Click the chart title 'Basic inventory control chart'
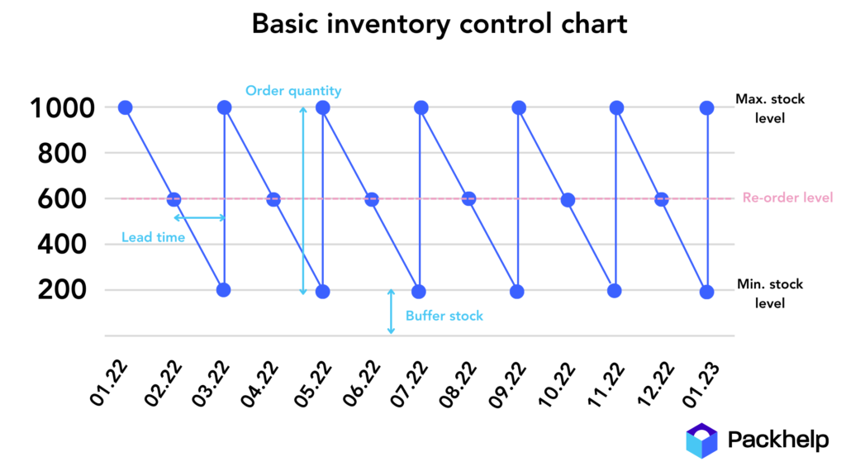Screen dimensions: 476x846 click(x=440, y=24)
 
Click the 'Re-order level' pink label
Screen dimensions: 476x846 click(x=787, y=198)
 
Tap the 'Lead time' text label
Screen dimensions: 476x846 click(x=153, y=238)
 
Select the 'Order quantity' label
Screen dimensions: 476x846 click(x=293, y=91)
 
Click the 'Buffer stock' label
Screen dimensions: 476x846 click(x=444, y=316)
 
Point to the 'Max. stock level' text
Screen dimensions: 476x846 click(x=770, y=108)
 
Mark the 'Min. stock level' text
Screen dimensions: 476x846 click(x=770, y=293)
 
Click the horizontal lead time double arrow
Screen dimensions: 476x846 click(x=199, y=218)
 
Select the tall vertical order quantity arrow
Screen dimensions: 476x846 click(x=303, y=200)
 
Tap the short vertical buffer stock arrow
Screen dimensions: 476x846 click(x=391, y=312)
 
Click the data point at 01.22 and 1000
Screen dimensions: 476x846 click(x=126, y=107)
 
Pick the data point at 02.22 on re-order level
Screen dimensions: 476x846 click(x=173, y=199)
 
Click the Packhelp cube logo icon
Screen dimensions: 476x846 click(x=701, y=440)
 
